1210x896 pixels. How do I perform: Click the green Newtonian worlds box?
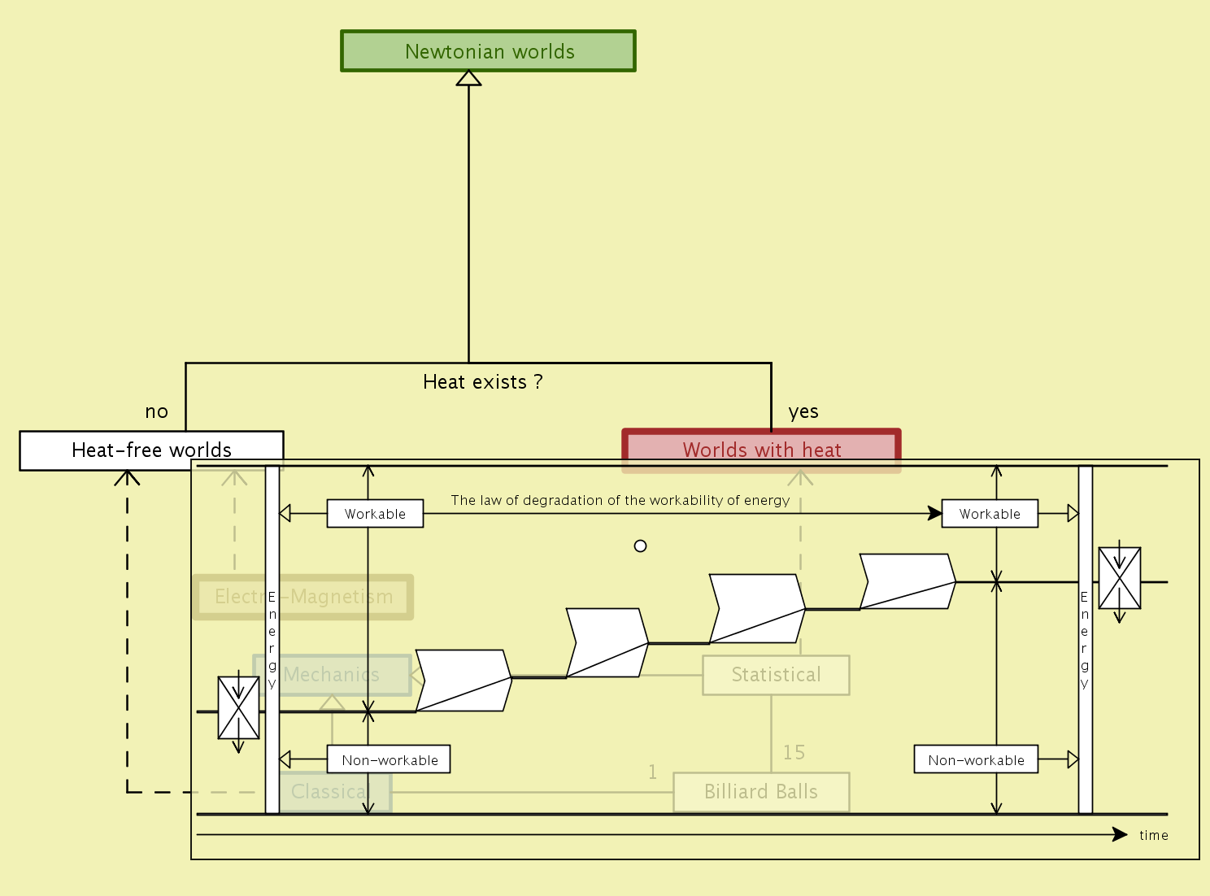coord(488,51)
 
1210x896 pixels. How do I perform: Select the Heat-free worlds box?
coord(151,450)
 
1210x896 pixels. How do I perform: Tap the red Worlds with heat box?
coord(761,449)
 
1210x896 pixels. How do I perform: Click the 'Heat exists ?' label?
coord(482,382)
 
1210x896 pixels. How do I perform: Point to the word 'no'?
coord(156,412)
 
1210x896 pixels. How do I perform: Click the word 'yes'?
coord(803,412)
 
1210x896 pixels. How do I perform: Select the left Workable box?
coord(375,514)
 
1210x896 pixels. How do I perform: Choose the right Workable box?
coord(990,514)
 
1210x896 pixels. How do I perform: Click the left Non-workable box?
coord(389,759)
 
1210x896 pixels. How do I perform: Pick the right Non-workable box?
coord(976,759)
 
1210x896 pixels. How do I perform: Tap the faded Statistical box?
coord(776,675)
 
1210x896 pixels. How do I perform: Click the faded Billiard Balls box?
coord(761,792)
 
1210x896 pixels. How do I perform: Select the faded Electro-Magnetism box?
coord(303,597)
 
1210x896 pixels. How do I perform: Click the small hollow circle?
coord(640,546)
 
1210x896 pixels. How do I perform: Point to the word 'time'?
coord(1153,835)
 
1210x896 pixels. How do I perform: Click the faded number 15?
coord(794,753)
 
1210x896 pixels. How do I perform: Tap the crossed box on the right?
coord(1119,578)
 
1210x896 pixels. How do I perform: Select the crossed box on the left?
coord(238,708)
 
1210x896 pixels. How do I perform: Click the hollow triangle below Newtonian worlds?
coord(468,79)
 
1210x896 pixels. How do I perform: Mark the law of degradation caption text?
coord(620,500)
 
